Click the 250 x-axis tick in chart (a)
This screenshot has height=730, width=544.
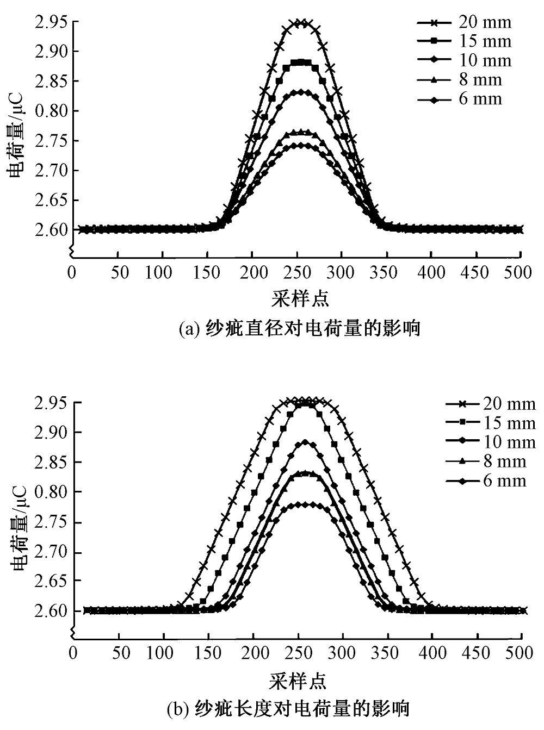pos(297,271)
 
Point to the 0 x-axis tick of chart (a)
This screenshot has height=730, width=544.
pos(72,271)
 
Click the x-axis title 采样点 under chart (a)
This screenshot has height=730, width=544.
pos(300,298)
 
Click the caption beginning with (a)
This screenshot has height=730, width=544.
pos(300,329)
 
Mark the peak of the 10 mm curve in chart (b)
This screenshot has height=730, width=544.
pos(305,442)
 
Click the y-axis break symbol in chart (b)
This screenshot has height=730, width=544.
pos(71,632)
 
